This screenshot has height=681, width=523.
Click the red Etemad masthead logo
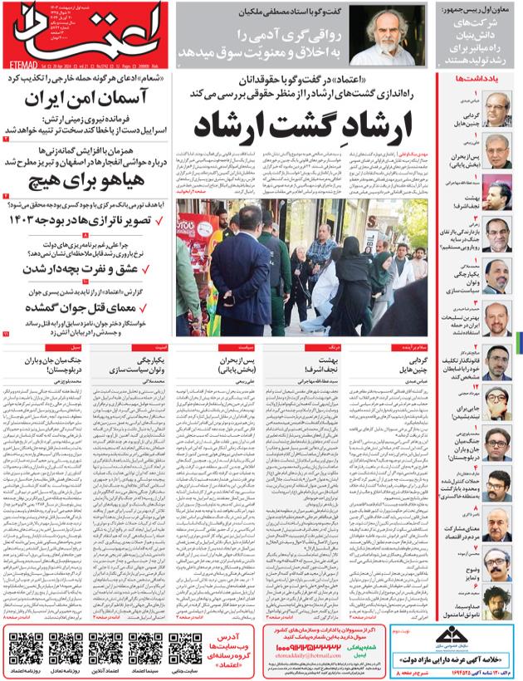[x=87, y=28]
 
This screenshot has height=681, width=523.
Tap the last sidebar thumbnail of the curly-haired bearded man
[x=497, y=600]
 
